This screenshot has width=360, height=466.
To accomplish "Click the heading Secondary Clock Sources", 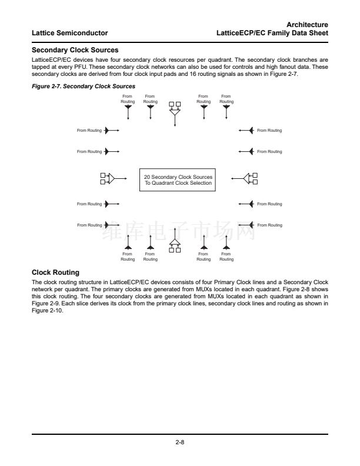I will [75, 50].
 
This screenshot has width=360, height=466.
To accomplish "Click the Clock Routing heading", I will [55, 272].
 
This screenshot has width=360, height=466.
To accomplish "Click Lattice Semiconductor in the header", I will [69, 32].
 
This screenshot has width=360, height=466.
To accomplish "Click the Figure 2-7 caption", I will [83, 86].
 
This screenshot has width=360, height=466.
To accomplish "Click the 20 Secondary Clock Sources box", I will [178, 180].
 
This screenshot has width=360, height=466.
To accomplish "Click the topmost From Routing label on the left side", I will [89, 130].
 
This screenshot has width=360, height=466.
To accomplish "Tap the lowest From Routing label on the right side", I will [269, 225].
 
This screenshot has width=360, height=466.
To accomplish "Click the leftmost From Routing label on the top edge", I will [128, 99].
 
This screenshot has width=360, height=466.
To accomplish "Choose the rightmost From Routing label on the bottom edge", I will [226, 257].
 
